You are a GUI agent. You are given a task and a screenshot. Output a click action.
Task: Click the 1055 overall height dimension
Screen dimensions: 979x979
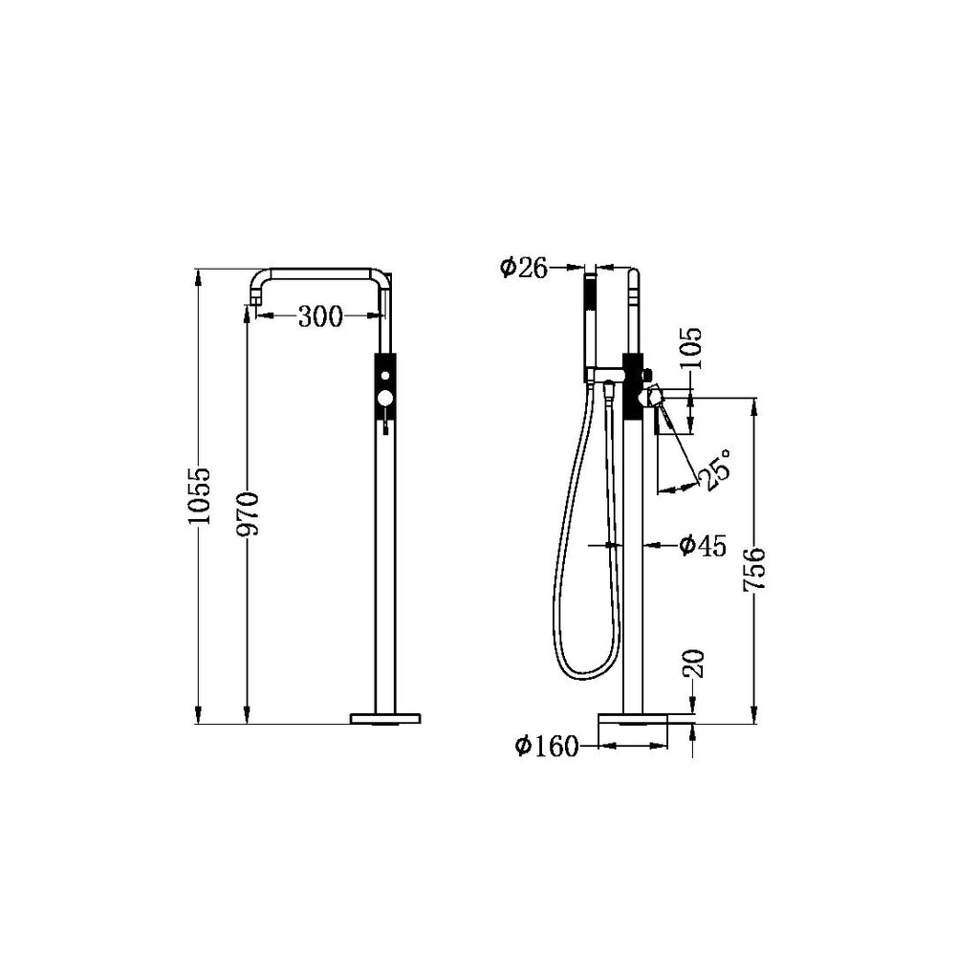198,496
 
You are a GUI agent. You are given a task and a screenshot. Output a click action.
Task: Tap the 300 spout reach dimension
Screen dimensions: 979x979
319,316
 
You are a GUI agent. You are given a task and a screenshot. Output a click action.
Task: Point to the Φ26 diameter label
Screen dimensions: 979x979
523,268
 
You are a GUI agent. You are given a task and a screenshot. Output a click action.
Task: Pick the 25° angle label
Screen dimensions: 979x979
718,468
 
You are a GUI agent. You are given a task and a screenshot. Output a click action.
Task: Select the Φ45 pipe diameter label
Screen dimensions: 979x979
703,546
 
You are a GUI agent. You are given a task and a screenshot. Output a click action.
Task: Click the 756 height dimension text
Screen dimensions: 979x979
755,570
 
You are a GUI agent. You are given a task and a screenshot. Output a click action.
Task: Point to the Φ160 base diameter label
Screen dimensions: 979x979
547,747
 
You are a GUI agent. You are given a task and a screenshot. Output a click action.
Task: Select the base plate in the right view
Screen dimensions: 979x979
632,717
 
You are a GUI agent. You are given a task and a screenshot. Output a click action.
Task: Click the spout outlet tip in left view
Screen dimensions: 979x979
253,303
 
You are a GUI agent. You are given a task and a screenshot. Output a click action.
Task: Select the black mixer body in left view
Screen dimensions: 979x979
384,387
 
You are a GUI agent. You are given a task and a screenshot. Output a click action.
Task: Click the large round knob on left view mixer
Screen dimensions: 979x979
384,397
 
